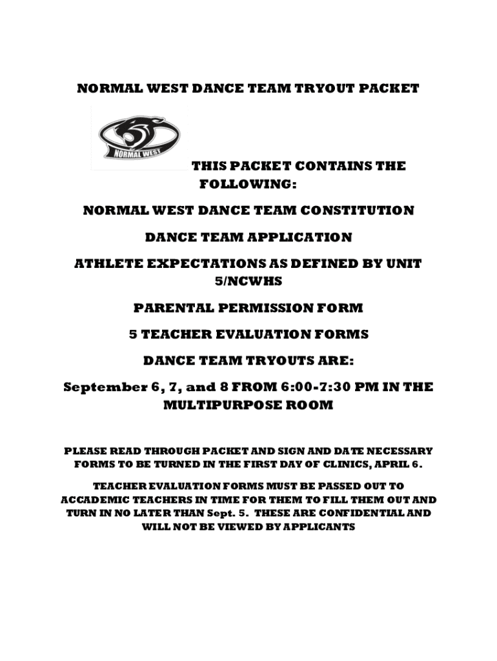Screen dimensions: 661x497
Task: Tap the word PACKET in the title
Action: point(388,88)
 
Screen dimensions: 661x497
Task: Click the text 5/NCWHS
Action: point(248,281)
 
